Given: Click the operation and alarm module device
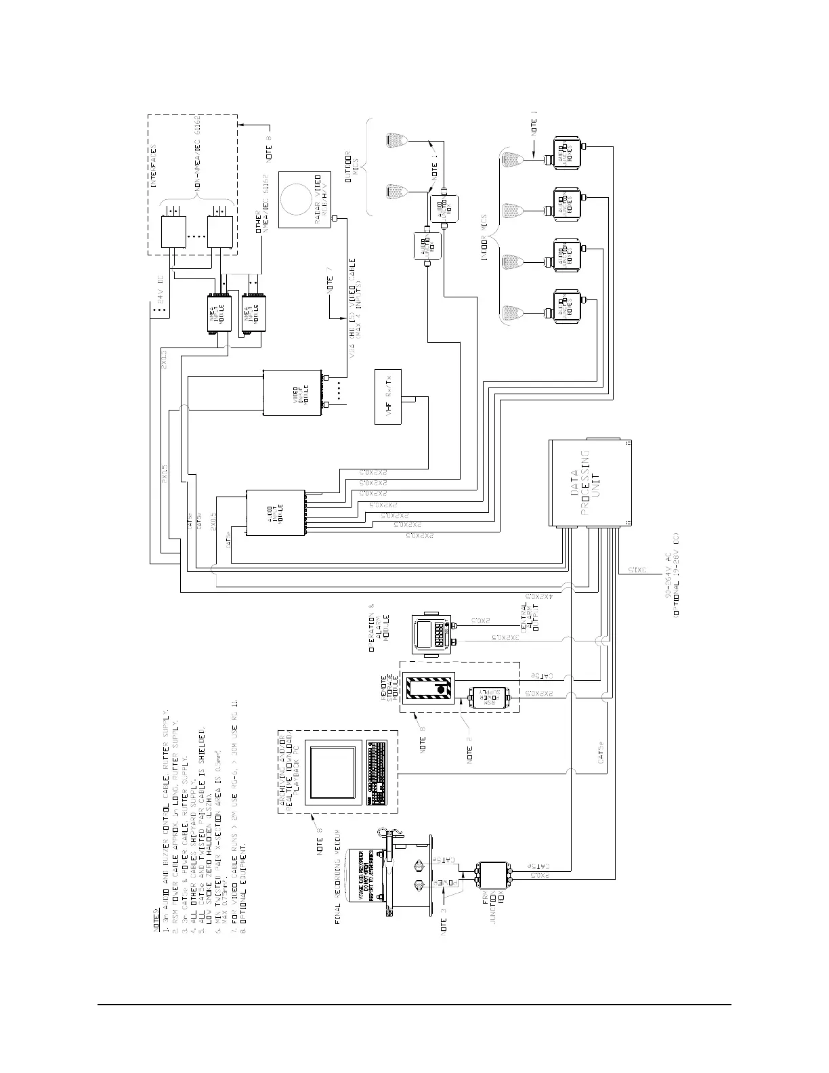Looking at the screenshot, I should click(431, 633).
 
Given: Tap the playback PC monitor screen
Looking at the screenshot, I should click(331, 771).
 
